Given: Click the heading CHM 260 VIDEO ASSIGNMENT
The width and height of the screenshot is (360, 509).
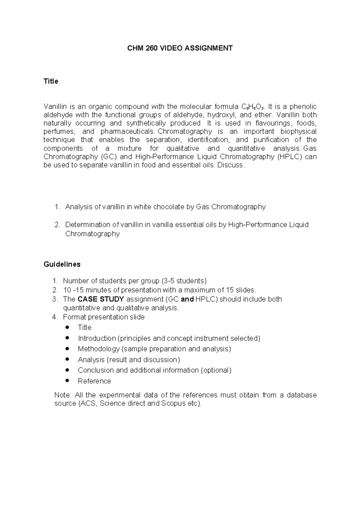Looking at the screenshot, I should click(x=180, y=48).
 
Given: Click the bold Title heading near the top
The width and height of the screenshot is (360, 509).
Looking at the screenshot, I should click(x=51, y=81).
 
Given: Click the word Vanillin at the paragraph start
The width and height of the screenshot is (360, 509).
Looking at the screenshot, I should click(x=54, y=106).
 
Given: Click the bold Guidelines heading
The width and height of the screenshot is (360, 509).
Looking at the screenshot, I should click(x=62, y=264).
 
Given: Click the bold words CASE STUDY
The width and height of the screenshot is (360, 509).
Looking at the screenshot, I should click(x=100, y=299).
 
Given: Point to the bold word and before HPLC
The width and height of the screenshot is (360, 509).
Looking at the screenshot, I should click(x=187, y=299).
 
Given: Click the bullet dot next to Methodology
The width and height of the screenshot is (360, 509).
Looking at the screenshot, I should click(x=67, y=349).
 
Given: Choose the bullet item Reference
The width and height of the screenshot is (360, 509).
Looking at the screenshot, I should click(x=94, y=381).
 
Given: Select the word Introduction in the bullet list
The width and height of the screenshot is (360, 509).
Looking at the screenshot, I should click(x=97, y=338).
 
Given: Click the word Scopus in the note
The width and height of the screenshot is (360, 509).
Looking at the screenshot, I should click(x=173, y=403).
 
